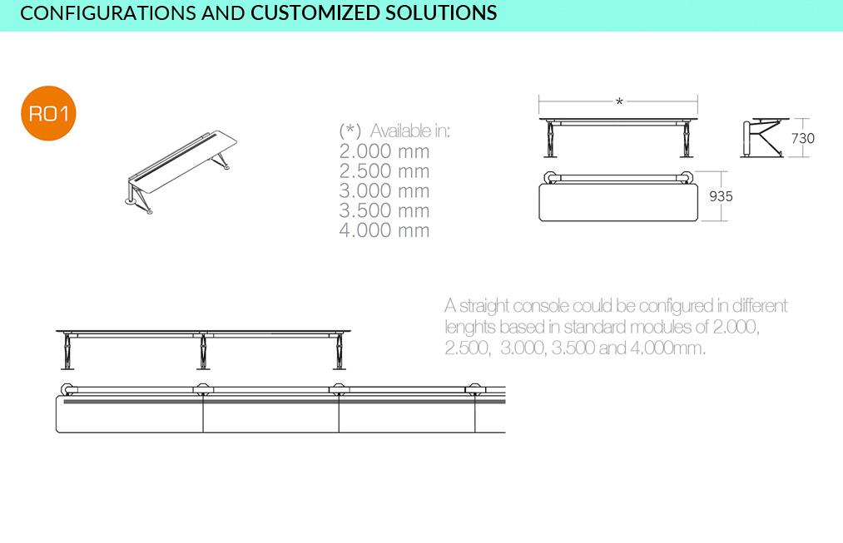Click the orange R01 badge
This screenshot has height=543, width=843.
48,113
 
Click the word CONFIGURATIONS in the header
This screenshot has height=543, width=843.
107,13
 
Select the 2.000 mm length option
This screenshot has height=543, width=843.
384,151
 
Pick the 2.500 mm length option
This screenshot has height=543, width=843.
384,171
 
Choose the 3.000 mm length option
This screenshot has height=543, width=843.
384,191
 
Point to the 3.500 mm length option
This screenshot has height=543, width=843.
384,211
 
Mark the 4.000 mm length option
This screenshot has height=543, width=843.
384,231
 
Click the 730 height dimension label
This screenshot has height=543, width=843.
803,139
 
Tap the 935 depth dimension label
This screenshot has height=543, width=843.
721,196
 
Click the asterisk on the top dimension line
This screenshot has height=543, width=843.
619,101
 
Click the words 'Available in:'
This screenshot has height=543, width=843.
410,131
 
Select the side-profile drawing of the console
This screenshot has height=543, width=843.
762,138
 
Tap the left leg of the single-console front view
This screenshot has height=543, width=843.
550,140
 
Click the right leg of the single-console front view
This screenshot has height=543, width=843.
687,140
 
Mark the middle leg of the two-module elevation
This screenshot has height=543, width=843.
203,352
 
